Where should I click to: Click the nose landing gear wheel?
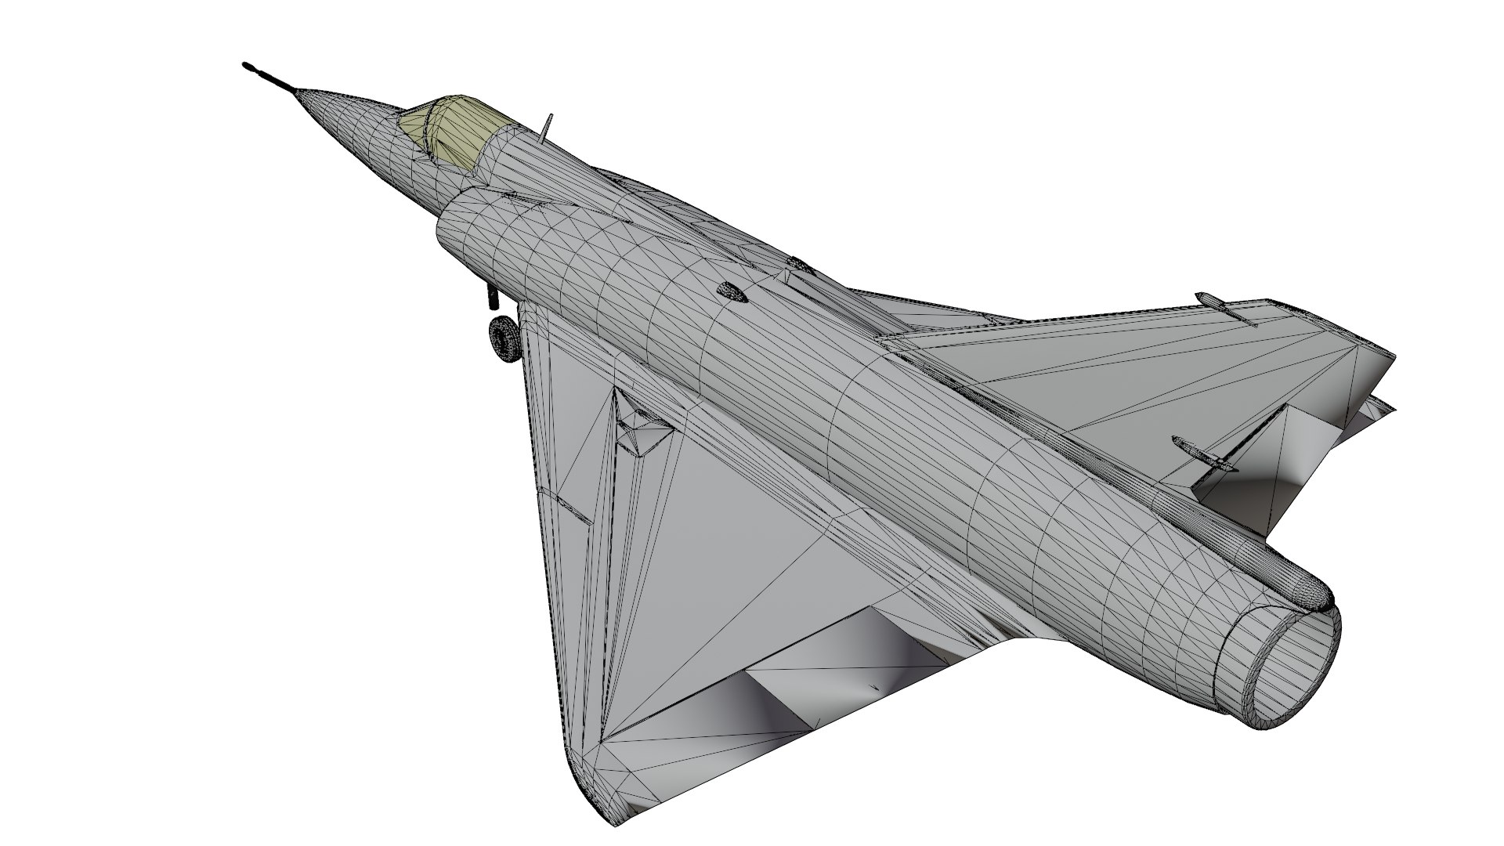pyautogui.click(x=504, y=338)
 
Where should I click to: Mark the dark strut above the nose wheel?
pyautogui.click(x=492, y=295)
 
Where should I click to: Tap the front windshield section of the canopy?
pyautogui.click(x=415, y=125)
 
